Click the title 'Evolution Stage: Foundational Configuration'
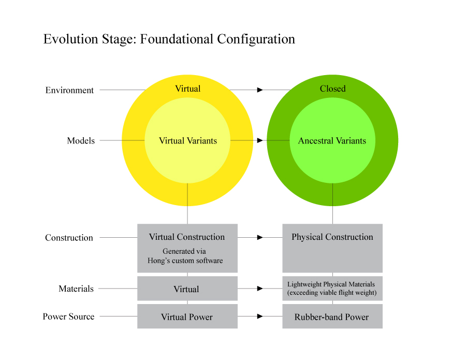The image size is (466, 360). (169, 39)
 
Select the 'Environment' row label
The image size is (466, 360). (69, 90)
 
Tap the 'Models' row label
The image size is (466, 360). (81, 141)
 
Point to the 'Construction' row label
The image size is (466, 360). (69, 238)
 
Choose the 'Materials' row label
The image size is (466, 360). (76, 289)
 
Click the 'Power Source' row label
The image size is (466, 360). (68, 316)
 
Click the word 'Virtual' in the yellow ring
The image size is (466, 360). (187, 89)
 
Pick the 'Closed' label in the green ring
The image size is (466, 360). (332, 89)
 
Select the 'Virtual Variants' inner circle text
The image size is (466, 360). (187, 141)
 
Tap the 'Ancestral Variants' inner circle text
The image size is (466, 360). (332, 141)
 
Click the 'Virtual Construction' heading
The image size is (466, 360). (187, 237)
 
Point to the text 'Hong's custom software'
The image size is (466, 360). (185, 261)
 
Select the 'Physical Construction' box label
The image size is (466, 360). (332, 237)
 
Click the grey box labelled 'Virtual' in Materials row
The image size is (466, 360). (186, 289)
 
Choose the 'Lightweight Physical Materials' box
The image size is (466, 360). (332, 289)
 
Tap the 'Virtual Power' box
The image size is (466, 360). (186, 317)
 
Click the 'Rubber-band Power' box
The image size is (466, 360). (331, 317)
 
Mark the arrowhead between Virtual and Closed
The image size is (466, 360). (260, 90)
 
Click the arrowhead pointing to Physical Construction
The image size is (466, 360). (260, 237)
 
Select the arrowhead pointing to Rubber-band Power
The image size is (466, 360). (260, 316)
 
